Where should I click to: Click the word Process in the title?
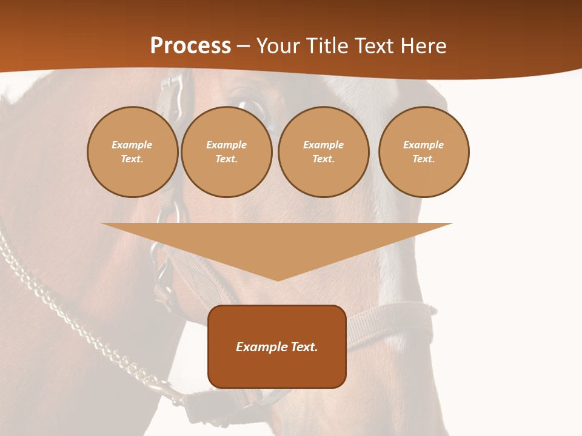(190, 46)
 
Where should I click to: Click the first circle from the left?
(133, 152)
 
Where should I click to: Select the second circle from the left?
(227, 152)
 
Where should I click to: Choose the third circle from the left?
(324, 152)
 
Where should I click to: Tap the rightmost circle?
(424, 152)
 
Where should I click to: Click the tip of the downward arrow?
(278, 279)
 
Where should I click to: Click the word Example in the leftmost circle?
(132, 145)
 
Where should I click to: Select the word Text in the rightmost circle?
(423, 159)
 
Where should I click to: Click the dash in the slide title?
(244, 46)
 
